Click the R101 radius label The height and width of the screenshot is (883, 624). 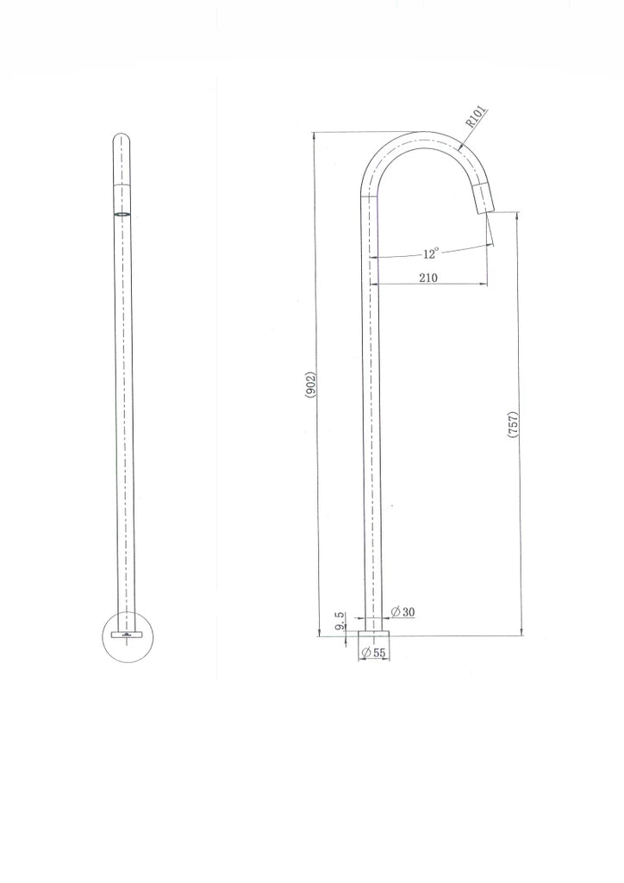pyautogui.click(x=476, y=117)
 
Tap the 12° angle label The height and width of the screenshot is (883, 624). pyautogui.click(x=430, y=254)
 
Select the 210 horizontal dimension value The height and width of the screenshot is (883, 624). pyautogui.click(x=428, y=278)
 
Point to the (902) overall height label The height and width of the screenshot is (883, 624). pyautogui.click(x=311, y=385)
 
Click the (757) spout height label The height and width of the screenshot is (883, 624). pyautogui.click(x=513, y=425)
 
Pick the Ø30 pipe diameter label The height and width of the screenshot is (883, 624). pyautogui.click(x=402, y=611)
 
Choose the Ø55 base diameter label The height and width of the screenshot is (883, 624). pyautogui.click(x=373, y=653)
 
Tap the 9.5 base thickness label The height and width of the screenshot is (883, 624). pyautogui.click(x=340, y=621)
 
